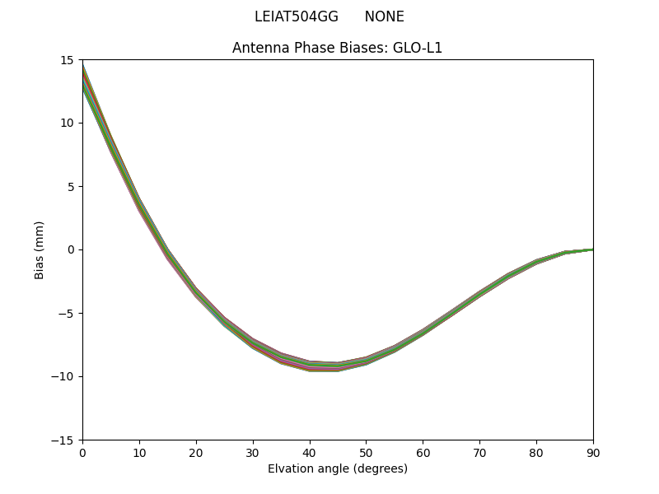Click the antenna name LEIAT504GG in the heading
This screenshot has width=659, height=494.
pos(297,16)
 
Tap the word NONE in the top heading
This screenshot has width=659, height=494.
pos(384,16)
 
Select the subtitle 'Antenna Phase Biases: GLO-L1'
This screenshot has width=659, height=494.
pos(337,48)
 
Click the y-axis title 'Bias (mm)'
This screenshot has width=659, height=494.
pos(40,249)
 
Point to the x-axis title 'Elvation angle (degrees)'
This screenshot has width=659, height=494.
pos(337,469)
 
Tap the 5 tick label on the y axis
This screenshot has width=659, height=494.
pos(71,186)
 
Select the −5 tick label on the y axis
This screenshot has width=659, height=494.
pos(66,313)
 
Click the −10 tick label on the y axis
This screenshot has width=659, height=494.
pos(63,376)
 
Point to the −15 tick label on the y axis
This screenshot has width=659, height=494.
pos(63,440)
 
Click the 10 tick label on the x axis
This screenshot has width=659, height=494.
pos(139,453)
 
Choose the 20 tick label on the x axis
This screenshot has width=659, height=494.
pos(196,453)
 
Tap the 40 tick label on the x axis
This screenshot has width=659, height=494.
pos(309,453)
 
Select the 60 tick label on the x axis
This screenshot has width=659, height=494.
pos(423,453)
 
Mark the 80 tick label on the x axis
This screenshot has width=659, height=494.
pos(536,453)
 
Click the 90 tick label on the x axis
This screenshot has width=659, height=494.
pos(592,453)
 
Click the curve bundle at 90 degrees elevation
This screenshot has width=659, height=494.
pos(591,249)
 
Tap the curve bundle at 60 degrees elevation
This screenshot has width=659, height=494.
pos(423,332)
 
